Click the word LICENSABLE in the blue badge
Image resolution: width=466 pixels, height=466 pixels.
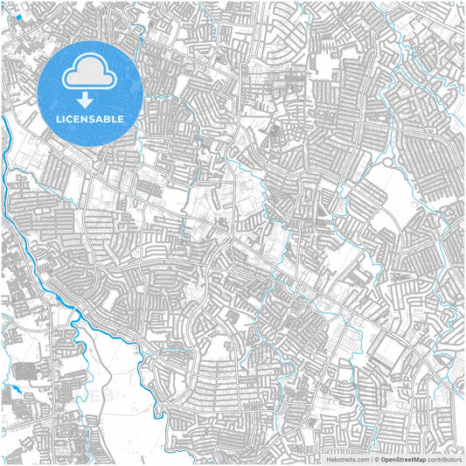click(91, 119)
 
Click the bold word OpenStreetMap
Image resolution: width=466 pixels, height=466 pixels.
click(403, 458)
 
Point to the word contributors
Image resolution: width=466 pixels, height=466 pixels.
click(443, 458)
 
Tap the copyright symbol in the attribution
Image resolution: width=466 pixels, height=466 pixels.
click(376, 458)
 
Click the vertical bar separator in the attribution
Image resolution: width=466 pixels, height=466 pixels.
click(371, 458)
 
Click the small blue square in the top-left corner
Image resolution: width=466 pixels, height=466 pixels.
click(19, 16)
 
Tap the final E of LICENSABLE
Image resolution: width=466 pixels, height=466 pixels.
click(122, 119)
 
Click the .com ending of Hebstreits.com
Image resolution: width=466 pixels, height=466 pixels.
click(360, 458)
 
